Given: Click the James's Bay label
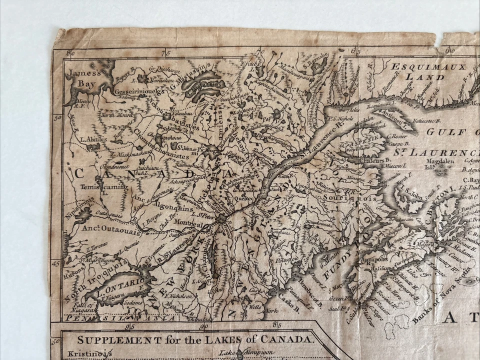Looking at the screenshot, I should [83, 77].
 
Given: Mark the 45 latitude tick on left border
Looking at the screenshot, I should [56, 262].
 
